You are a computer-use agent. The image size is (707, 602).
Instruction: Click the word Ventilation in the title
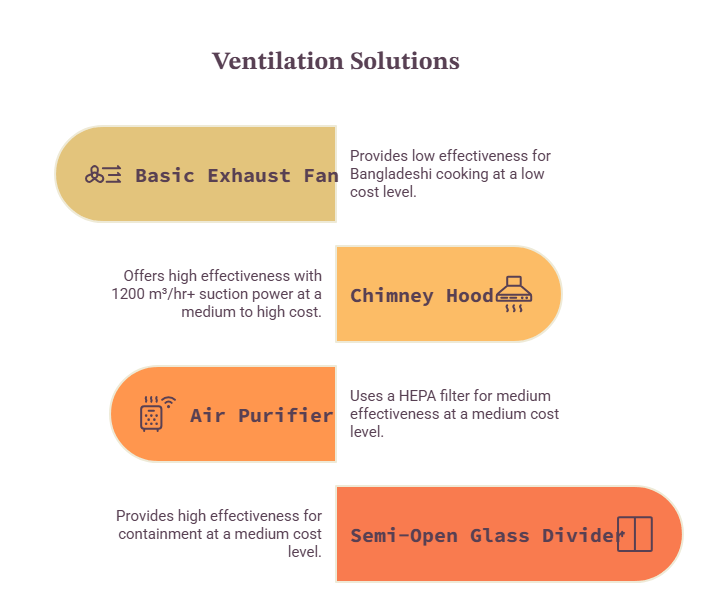point(278,61)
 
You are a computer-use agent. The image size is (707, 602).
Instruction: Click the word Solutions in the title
point(405,61)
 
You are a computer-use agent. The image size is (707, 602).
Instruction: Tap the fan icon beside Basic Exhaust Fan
point(103,175)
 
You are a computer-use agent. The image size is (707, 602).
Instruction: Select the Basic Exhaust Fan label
point(237,175)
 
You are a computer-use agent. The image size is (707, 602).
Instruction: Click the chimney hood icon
point(514,294)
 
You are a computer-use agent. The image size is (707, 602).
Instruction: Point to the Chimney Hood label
point(422,296)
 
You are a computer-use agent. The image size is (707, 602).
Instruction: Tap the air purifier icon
point(157,414)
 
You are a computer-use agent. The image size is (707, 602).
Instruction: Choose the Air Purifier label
point(262,416)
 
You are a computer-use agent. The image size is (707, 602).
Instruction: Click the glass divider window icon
point(635,534)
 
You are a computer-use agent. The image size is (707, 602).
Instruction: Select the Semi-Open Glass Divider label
point(488,536)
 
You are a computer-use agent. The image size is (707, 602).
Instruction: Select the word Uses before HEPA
point(367,396)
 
